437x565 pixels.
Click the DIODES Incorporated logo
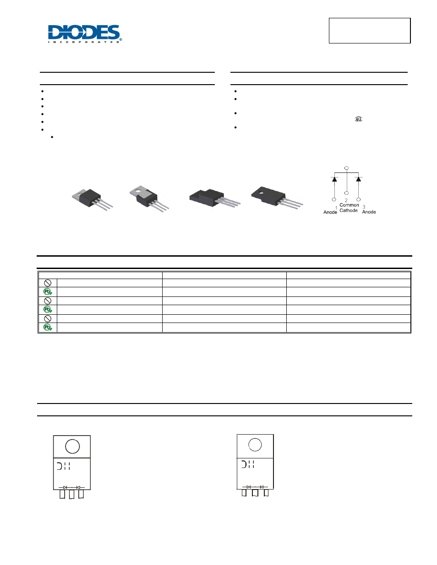[x=85, y=34]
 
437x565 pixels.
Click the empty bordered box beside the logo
[x=369, y=31]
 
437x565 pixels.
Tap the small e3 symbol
[x=358, y=119]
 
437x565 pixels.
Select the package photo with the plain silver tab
[x=92, y=199]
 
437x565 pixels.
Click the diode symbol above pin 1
[x=334, y=179]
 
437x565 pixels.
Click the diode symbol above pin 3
[x=358, y=179]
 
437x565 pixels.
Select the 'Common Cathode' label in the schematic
[x=349, y=208]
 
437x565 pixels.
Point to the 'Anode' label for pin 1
[x=330, y=212]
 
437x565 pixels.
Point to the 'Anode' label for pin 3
[x=369, y=212]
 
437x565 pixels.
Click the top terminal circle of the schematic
[x=346, y=168]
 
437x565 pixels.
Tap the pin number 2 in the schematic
[x=346, y=200]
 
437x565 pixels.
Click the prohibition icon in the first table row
[x=48, y=283]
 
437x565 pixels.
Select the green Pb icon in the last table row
[x=48, y=328]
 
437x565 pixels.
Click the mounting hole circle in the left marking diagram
[x=72, y=446]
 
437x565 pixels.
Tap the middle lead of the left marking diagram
[x=71, y=494]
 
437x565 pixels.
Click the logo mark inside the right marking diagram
[x=248, y=464]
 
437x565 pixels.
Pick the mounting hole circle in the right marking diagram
[x=255, y=444]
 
